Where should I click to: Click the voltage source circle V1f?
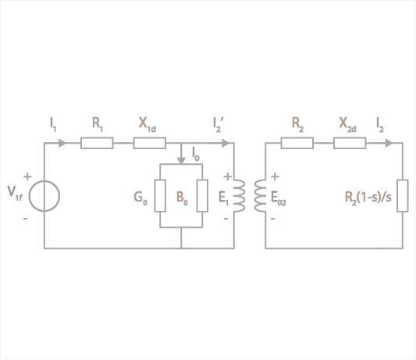coord(29,196)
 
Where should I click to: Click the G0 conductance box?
coord(160,196)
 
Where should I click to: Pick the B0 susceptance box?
coord(202,196)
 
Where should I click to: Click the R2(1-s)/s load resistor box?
coord(403,196)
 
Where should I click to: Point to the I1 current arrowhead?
coord(62,143)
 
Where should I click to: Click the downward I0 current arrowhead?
coord(181,161)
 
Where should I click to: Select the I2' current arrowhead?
coord(226,143)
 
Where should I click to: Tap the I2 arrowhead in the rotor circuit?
coord(389,143)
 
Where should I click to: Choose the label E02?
coord(279,198)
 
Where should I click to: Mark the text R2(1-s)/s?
coord(368,198)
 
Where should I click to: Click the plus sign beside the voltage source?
coord(27,176)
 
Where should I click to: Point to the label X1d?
coord(148,125)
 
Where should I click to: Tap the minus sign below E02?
coord(272,219)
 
